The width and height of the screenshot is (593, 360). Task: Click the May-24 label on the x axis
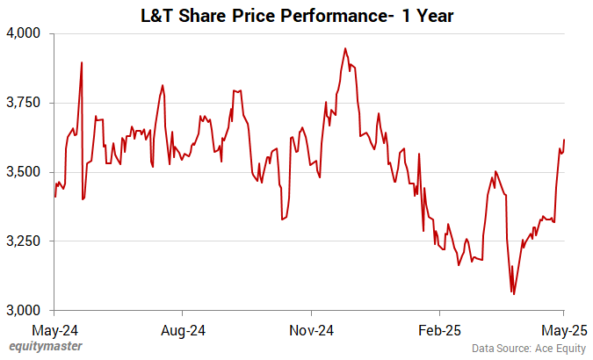pyautogui.click(x=54, y=330)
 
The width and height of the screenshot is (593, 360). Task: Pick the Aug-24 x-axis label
pyautogui.click(x=182, y=330)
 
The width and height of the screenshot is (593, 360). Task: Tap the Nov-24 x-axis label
pyautogui.click(x=312, y=330)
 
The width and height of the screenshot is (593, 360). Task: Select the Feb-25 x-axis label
pyautogui.click(x=439, y=330)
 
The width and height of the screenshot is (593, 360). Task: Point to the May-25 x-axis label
pyautogui.click(x=563, y=330)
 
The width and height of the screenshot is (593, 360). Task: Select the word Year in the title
pyautogui.click(x=431, y=15)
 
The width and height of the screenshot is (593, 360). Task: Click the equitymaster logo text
pyautogui.click(x=46, y=347)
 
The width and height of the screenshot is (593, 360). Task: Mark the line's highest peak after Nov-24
pyautogui.click(x=345, y=48)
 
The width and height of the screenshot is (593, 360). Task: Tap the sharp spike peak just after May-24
pyautogui.click(x=82, y=62)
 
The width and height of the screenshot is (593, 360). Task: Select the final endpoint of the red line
pyautogui.click(x=564, y=140)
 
